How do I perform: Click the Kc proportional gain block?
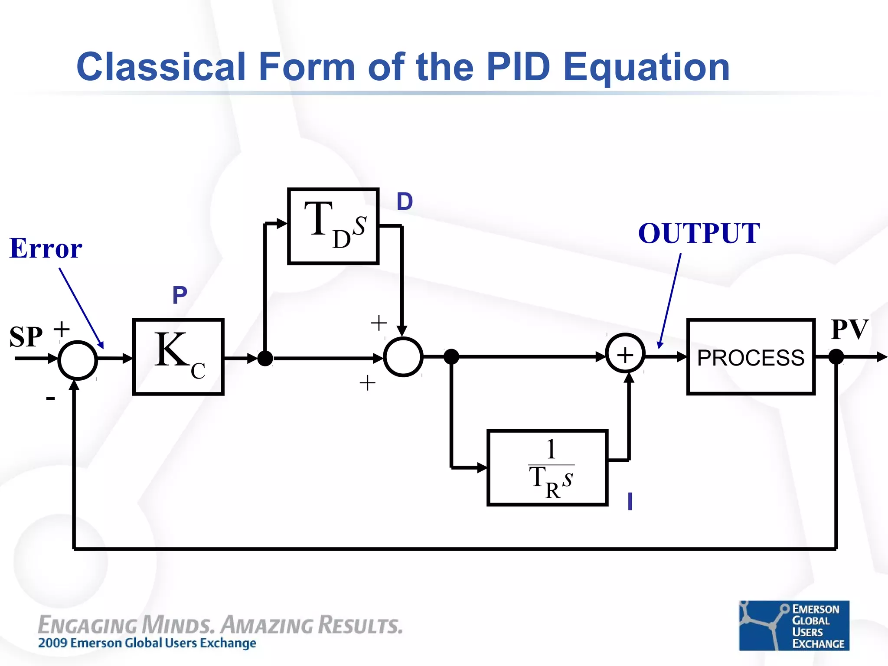point(178,356)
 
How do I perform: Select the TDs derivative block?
point(333,226)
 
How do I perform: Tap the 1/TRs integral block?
point(547,467)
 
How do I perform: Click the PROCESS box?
point(751,357)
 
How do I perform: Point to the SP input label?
point(26,337)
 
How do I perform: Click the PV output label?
point(849,330)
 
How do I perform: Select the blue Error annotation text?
point(46,249)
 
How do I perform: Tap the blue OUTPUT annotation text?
point(699,234)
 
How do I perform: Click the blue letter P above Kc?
point(180,295)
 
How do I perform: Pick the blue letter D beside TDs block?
point(405,202)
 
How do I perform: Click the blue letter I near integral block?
point(630,502)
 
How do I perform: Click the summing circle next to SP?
point(78,360)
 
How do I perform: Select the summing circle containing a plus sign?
point(625,355)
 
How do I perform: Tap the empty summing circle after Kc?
point(403,357)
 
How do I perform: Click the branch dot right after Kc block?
point(265,359)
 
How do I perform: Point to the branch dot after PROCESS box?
point(836,357)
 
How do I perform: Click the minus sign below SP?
point(51,398)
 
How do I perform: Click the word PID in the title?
point(518,67)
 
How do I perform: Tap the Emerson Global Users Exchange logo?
point(793,625)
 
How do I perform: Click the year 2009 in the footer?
point(52,643)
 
